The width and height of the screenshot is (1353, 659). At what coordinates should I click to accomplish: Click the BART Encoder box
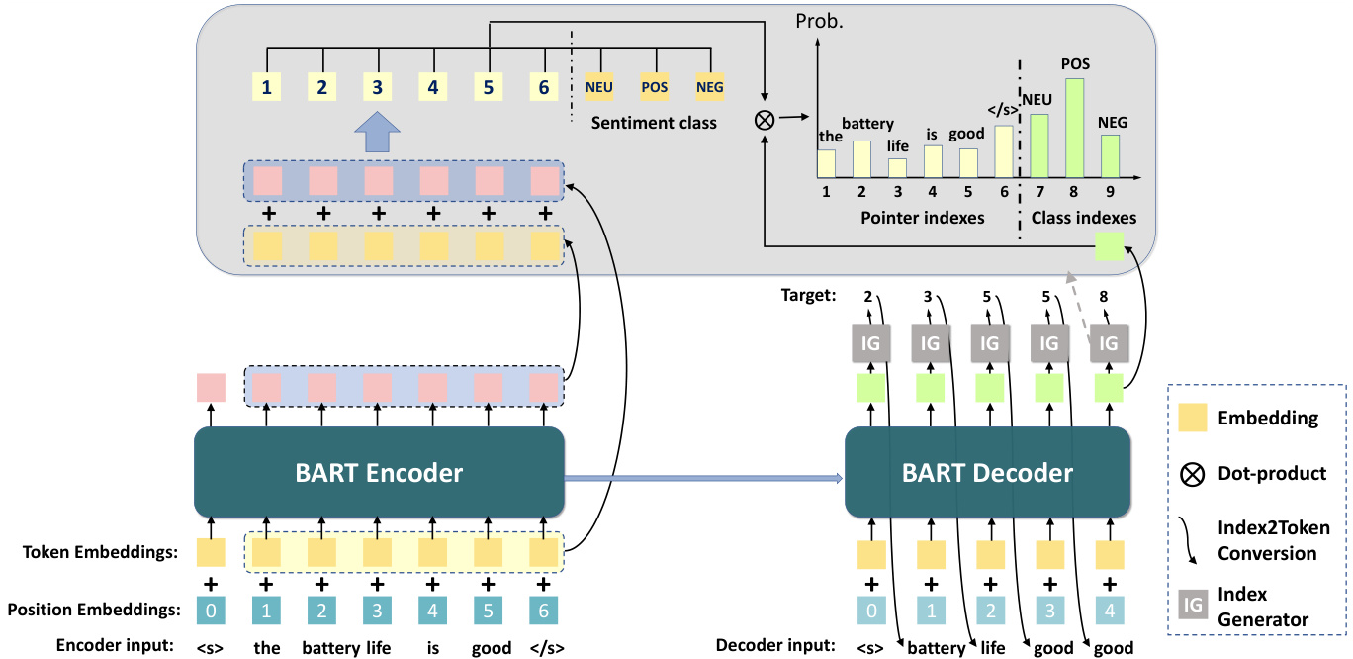[379, 472]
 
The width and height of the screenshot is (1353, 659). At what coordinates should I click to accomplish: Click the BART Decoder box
[987, 472]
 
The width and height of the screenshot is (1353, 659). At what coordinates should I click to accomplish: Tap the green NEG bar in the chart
[1110, 156]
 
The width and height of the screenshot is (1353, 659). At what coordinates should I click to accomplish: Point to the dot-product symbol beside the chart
[764, 120]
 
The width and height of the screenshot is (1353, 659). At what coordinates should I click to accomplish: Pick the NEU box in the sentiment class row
[599, 87]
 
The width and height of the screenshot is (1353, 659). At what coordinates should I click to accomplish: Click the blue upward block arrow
[378, 133]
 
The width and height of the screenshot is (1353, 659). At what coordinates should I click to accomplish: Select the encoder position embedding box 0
[211, 611]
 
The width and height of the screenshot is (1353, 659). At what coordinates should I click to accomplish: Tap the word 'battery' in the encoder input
[322, 648]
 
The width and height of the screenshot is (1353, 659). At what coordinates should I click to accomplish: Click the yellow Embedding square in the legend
[1194, 418]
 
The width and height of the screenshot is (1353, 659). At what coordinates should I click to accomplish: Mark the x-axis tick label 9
[1110, 192]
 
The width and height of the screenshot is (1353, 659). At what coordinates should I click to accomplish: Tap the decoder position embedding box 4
[1110, 611]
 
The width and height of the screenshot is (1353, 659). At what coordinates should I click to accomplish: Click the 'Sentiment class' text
[654, 124]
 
